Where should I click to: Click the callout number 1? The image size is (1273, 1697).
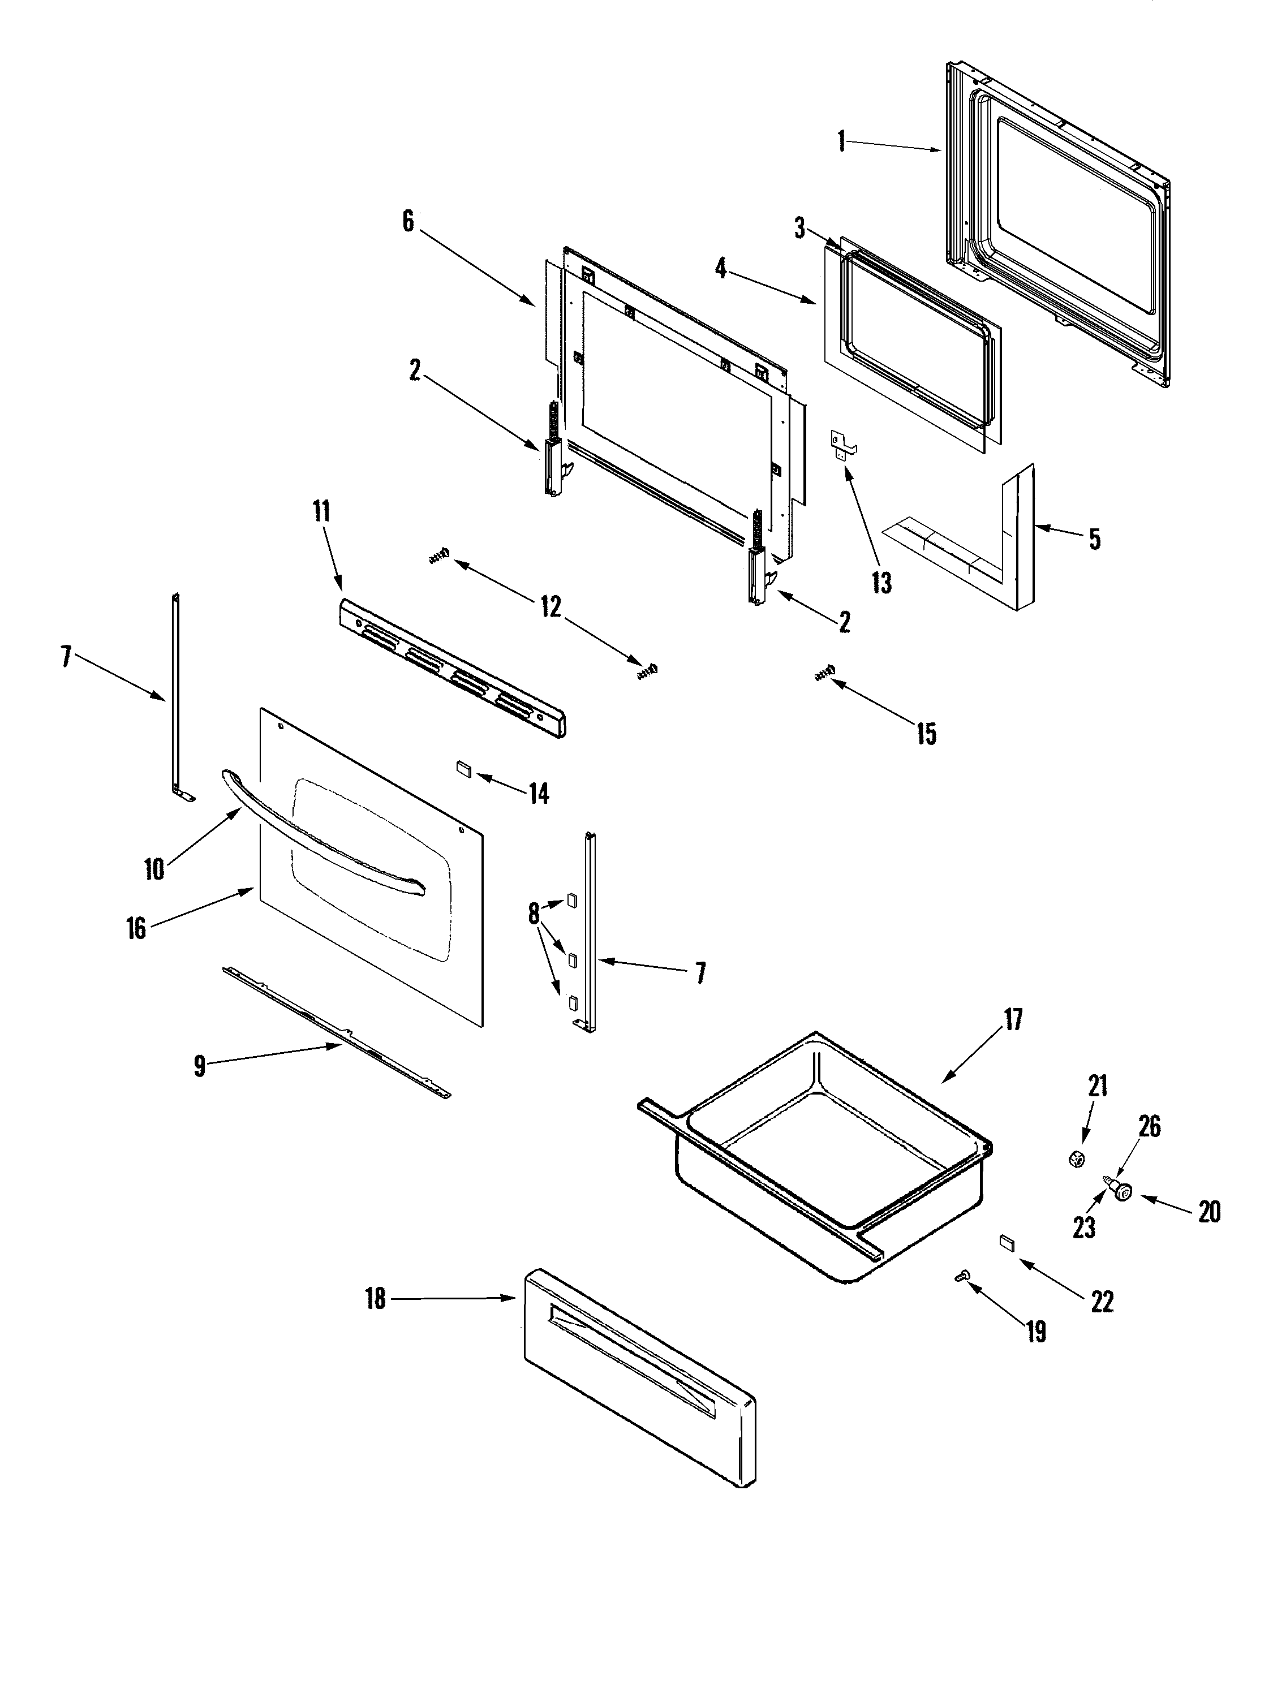tap(842, 142)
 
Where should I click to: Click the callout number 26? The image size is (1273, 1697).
tap(1149, 1127)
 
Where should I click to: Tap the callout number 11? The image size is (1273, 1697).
tap(321, 511)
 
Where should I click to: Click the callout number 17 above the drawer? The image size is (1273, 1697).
tap(1013, 1020)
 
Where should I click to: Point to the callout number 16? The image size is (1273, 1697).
tap(136, 928)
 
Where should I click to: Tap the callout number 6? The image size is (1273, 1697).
tap(407, 222)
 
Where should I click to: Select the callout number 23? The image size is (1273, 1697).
tap(1083, 1228)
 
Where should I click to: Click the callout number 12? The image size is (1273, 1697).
tap(551, 607)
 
